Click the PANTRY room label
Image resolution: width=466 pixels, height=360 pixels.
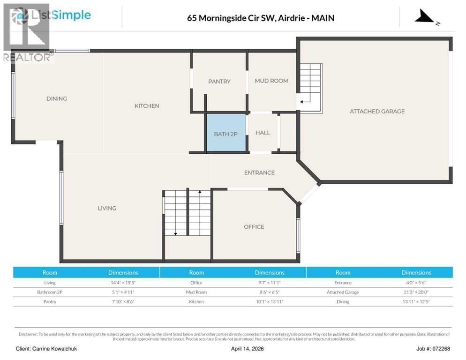[x=219, y=82]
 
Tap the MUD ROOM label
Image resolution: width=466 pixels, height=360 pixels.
[x=271, y=81]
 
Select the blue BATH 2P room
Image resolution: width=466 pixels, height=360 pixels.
[x=226, y=134]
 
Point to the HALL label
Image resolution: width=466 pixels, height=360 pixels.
[x=263, y=133]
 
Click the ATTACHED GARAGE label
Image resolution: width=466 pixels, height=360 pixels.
[x=377, y=111]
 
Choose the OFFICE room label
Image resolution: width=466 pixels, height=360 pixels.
[x=254, y=227]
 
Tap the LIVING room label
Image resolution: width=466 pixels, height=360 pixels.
[x=107, y=208]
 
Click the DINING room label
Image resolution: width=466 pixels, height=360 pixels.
[x=57, y=98]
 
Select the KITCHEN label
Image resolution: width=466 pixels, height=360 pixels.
[x=147, y=106]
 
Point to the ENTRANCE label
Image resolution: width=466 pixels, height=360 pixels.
[x=259, y=172]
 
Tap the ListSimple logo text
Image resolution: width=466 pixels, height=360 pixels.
[x=61, y=15]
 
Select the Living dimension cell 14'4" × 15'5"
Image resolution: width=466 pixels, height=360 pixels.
[x=123, y=283]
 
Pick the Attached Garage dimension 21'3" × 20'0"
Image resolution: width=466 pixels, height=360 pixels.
[x=416, y=292]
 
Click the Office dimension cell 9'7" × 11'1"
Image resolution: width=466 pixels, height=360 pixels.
[x=270, y=283]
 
